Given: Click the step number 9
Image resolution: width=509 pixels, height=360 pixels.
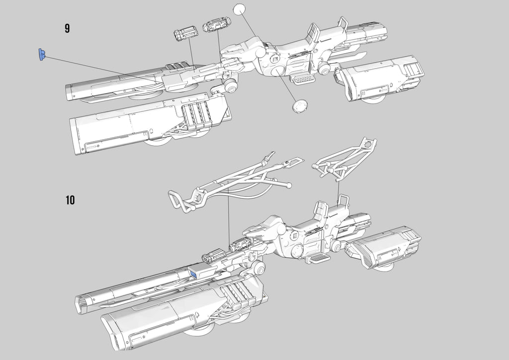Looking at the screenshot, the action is point(67,28).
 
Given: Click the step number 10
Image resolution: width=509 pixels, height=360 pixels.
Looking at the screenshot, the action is point(70,200).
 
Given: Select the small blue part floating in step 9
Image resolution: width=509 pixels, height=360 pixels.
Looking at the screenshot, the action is point(42,55).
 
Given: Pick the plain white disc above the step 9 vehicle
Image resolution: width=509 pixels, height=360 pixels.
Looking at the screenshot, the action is point(239,9).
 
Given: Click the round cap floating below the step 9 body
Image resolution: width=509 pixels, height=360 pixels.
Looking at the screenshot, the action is point(300,106).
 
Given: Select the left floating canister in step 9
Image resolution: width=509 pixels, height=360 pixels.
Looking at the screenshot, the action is point(186,34).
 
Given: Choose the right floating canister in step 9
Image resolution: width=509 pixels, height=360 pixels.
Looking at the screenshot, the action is point(217,25).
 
